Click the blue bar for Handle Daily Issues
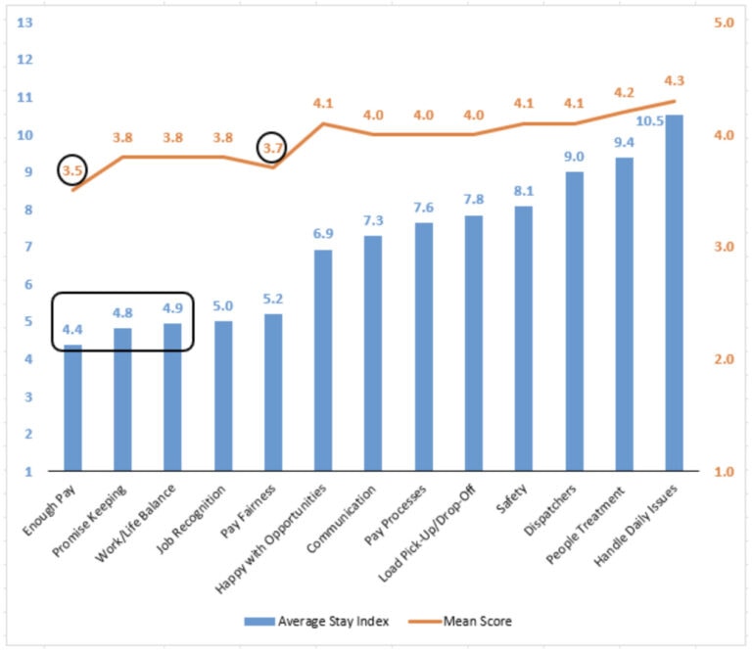point(674,293)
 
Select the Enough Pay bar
point(72,407)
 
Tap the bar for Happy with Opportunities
point(323,360)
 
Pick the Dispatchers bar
point(574,321)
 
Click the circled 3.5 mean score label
point(72,170)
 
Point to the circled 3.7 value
point(272,148)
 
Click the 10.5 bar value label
point(650,120)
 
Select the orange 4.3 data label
point(674,80)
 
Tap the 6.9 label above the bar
point(323,233)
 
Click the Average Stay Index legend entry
point(316,622)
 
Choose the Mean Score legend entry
point(460,622)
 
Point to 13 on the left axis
point(24,23)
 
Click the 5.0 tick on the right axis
point(724,23)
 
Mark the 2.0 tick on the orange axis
point(724,359)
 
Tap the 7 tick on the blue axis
point(28,247)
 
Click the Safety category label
point(511,498)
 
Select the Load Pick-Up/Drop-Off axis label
point(426,534)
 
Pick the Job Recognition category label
point(190,519)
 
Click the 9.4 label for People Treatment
point(624,142)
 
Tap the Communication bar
point(373,353)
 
